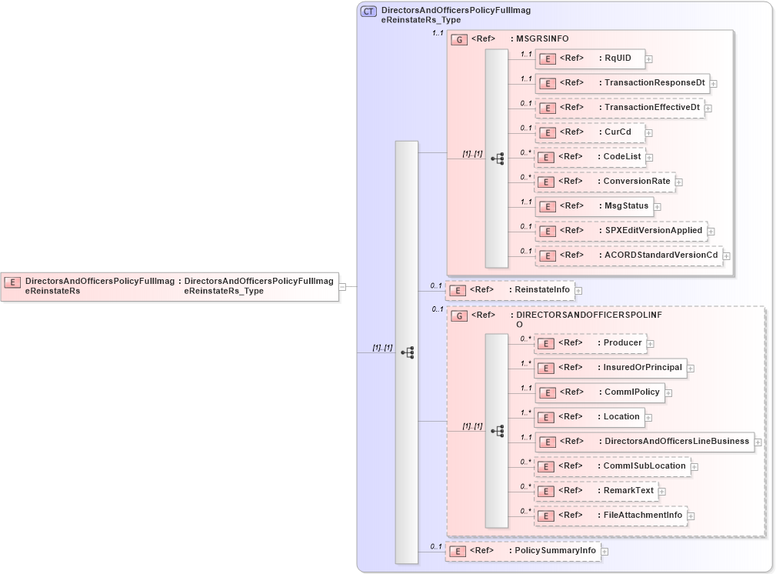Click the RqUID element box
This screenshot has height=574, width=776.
[x=590, y=58]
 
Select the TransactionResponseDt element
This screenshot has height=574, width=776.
[x=621, y=83]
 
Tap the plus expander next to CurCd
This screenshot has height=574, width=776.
[x=649, y=133]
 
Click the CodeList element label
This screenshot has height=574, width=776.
[x=622, y=157]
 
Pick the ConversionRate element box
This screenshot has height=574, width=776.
[x=604, y=182]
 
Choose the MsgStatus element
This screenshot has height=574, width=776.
[x=594, y=206]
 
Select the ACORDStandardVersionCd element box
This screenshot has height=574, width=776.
[x=628, y=255]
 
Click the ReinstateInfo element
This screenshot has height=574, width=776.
[x=511, y=290]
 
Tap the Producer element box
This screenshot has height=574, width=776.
[x=590, y=343]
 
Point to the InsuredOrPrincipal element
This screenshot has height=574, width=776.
[x=610, y=368]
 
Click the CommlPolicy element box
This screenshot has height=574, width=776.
[x=599, y=392]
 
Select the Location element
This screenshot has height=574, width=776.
[x=589, y=417]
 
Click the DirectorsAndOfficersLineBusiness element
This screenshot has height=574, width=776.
[x=644, y=442]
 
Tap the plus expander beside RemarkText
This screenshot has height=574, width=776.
[x=661, y=492]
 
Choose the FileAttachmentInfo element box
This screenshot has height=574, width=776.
[x=610, y=516]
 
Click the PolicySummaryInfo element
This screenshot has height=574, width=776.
[x=523, y=551]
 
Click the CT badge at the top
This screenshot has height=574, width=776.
[x=368, y=12]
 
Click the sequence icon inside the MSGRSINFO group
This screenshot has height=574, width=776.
[x=497, y=159]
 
